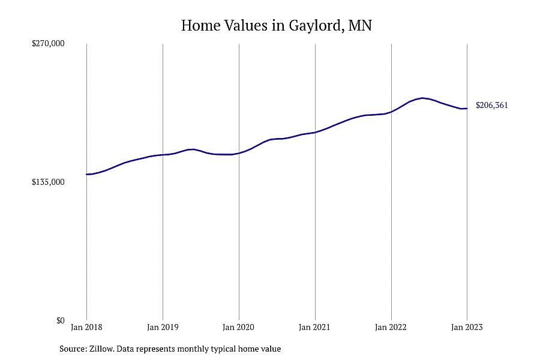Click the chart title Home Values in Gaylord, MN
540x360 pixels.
click(276, 25)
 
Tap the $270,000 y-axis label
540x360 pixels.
click(48, 43)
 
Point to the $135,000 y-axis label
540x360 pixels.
click(48, 182)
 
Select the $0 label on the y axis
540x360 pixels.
click(60, 321)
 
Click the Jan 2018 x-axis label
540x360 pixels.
click(86, 327)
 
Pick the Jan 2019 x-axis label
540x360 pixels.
click(163, 327)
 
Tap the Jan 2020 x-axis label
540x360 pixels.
click(238, 327)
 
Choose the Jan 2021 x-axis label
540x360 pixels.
click(314, 327)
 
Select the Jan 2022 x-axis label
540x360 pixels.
click(391, 327)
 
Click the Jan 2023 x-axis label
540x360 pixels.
click(467, 327)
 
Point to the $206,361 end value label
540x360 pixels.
click(492, 106)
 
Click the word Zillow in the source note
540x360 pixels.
click(101, 349)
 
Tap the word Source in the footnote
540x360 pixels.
click(73, 349)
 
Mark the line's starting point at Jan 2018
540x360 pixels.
click(87, 175)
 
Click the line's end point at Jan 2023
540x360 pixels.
click(467, 109)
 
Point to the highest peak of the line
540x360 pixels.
click(422, 98)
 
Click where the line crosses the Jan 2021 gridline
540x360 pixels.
click(315, 132)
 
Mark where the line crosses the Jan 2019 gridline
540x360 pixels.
click(163, 155)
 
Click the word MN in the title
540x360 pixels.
click(360, 25)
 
